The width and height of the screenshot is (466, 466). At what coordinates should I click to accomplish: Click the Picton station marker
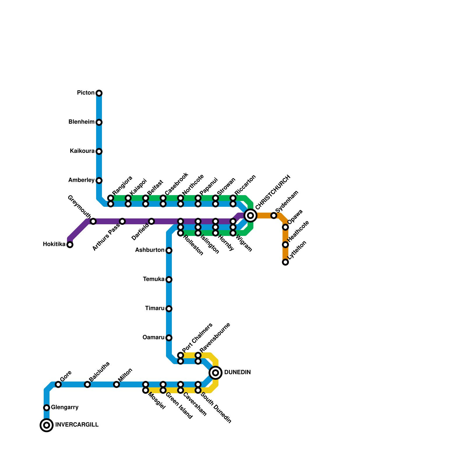(99, 93)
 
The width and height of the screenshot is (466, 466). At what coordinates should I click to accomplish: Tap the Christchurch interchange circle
(250, 216)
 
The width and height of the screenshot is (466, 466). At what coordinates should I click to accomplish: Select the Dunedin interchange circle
(216, 373)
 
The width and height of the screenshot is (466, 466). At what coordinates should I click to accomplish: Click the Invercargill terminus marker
(47, 425)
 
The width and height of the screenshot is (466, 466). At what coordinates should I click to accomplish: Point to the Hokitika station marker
(70, 245)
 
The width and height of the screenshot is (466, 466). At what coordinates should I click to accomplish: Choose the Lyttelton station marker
(285, 262)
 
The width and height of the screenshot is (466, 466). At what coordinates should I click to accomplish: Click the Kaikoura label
(82, 151)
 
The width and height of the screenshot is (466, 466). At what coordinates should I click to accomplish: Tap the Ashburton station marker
(169, 250)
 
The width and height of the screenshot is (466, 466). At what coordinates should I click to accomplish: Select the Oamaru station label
(153, 338)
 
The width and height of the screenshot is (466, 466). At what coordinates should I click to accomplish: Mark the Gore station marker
(58, 384)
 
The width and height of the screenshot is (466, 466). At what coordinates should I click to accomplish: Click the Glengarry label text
(65, 407)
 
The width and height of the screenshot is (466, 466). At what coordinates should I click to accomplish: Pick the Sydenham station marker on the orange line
(274, 216)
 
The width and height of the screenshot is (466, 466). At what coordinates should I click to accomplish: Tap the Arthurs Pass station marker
(122, 221)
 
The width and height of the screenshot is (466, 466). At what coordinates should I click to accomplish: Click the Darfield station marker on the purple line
(151, 221)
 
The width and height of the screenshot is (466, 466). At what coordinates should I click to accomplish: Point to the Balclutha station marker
(87, 384)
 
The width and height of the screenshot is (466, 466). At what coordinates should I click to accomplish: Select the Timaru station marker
(169, 309)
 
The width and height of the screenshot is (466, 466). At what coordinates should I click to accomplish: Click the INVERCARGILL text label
(77, 425)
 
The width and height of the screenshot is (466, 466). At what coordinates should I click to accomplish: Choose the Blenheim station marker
(99, 122)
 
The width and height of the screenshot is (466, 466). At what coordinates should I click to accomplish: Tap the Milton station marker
(116, 384)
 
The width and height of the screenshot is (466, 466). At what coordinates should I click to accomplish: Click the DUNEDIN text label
(237, 373)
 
